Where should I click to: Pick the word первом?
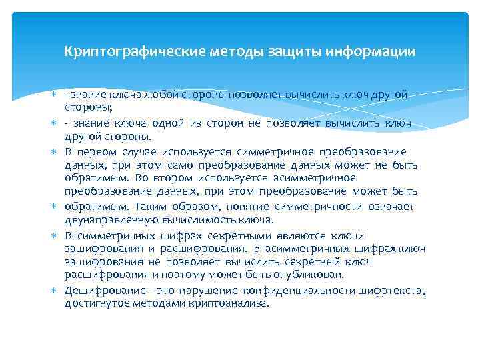99,151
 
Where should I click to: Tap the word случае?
142,151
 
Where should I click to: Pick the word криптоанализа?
227,303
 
